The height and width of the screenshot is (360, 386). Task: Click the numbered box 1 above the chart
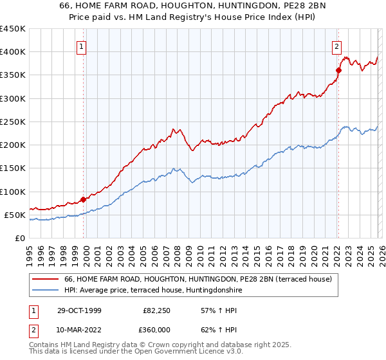(x=82, y=46)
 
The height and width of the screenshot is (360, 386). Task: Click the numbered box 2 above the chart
(x=336, y=46)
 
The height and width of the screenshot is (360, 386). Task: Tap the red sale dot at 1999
(x=83, y=199)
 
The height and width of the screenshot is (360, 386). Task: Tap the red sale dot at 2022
(x=338, y=70)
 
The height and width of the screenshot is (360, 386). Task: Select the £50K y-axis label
(x=15, y=215)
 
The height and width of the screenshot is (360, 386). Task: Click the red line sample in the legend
(x=46, y=279)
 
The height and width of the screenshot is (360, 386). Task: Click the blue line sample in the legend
(x=46, y=290)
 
